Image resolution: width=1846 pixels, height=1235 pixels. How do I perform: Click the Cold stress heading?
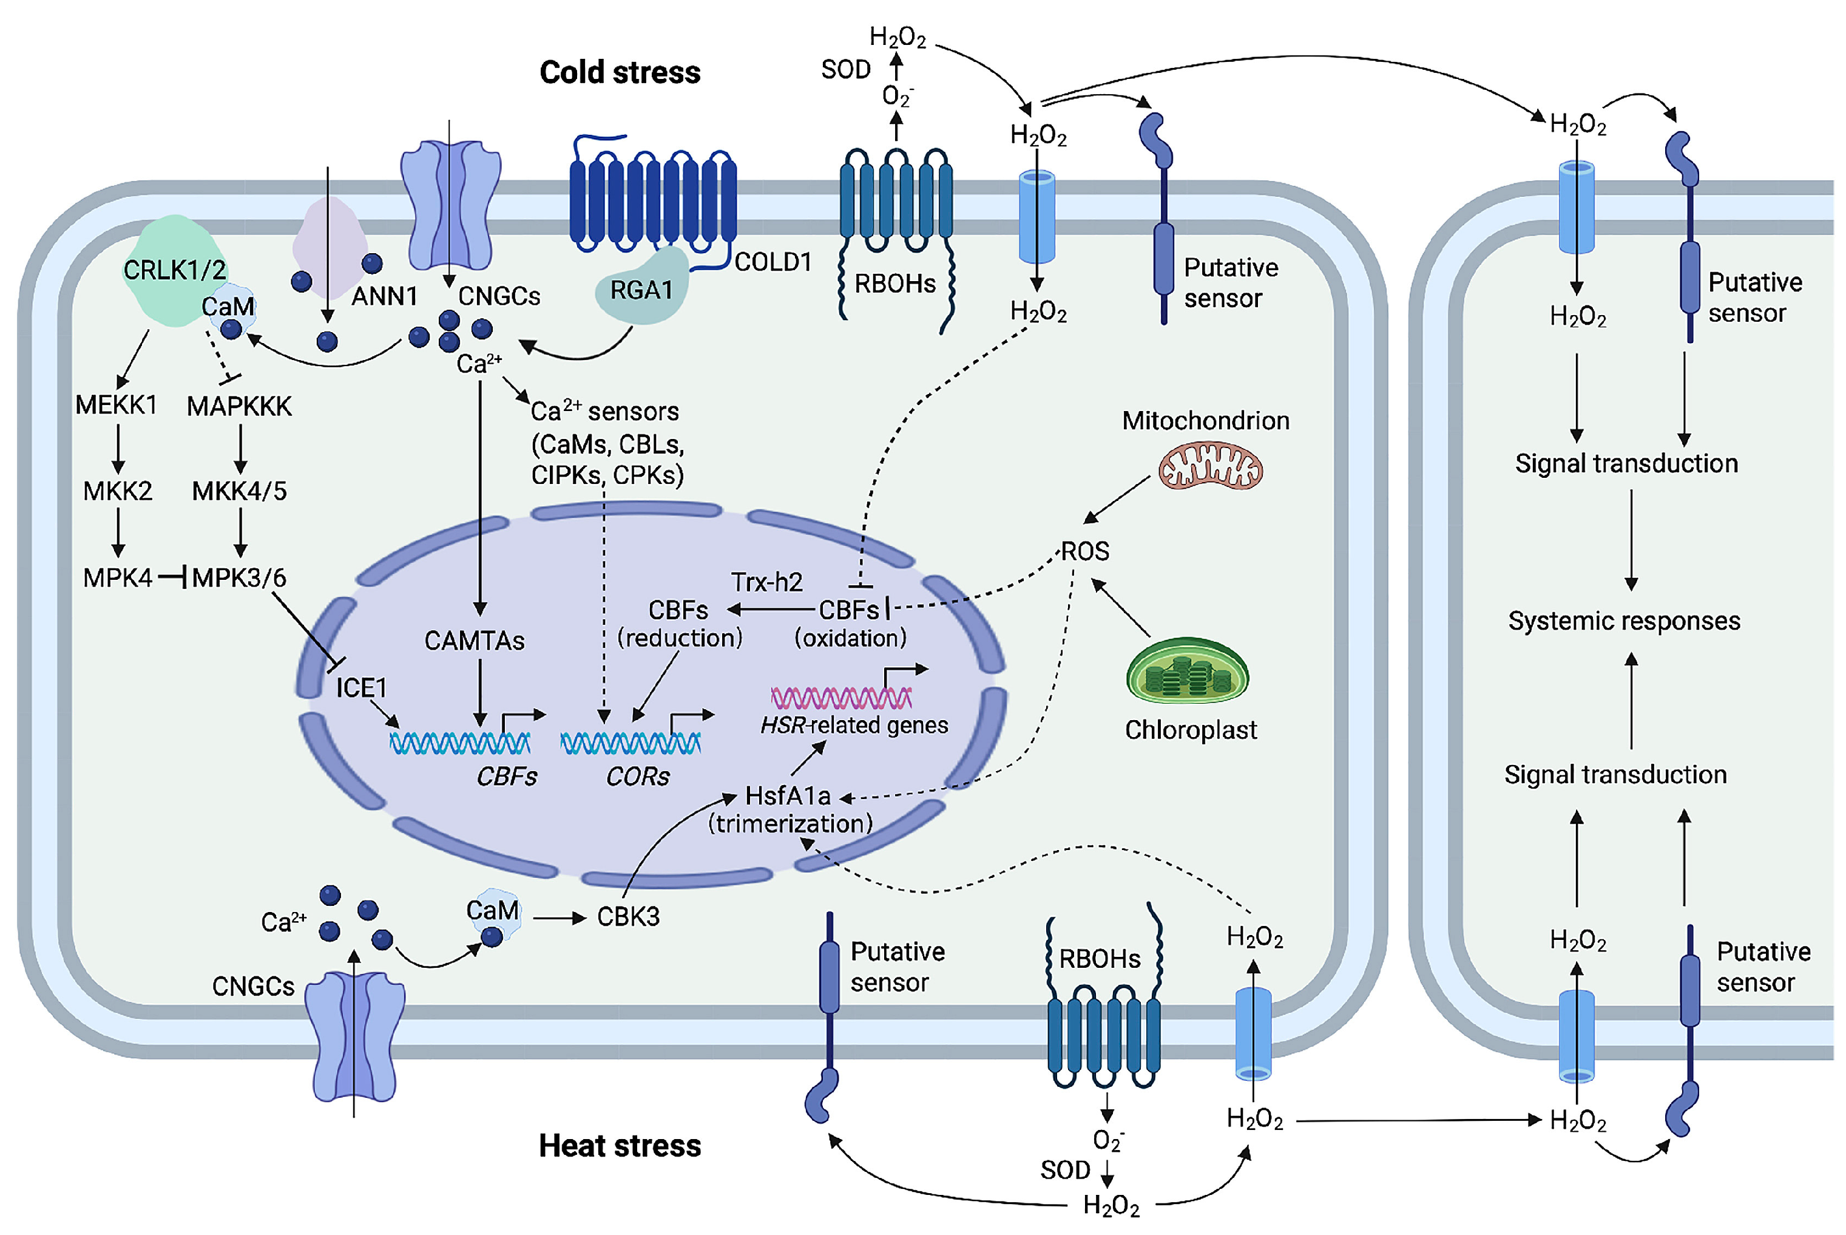click(620, 72)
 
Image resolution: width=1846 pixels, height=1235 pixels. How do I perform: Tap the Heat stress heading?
click(620, 1146)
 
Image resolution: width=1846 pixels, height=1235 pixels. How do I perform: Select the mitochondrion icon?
click(1210, 467)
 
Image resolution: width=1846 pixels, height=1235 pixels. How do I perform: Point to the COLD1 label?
click(773, 262)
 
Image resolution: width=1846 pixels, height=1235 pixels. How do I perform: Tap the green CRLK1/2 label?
click(175, 270)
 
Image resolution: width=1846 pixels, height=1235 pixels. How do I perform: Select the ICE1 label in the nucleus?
click(361, 687)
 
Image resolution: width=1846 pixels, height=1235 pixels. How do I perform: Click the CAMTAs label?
click(474, 641)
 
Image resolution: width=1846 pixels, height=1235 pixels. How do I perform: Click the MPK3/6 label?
click(239, 577)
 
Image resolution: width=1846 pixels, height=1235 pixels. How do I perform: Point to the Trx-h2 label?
click(767, 582)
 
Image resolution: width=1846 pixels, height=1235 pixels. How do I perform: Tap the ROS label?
click(1085, 551)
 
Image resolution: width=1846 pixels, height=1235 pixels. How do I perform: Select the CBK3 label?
click(628, 917)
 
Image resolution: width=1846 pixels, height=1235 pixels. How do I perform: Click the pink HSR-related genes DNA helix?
click(840, 698)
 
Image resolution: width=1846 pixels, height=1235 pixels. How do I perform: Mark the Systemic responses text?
click(1624, 621)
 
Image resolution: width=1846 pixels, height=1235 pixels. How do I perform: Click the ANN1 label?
click(384, 296)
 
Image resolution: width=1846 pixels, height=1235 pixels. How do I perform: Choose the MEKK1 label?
click(116, 405)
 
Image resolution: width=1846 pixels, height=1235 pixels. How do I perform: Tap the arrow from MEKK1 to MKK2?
click(118, 449)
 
